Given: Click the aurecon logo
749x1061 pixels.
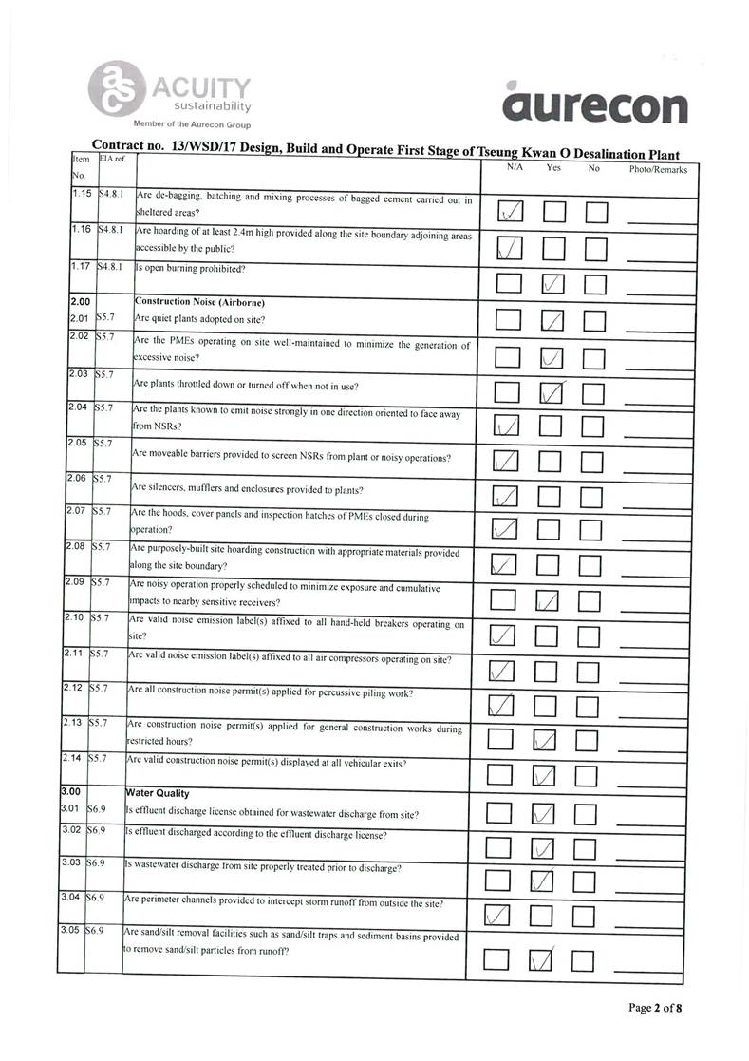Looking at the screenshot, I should click(x=595, y=105).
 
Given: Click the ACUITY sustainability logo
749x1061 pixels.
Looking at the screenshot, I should click(x=171, y=96).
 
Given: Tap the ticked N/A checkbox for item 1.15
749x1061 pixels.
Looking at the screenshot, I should click(x=510, y=212).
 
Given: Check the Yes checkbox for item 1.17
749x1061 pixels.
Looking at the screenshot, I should click(x=553, y=283).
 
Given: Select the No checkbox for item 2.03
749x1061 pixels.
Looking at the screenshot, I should click(x=596, y=391).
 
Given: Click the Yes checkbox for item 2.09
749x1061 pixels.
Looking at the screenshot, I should click(x=546, y=599).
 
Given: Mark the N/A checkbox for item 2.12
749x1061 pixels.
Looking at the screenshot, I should click(x=500, y=706).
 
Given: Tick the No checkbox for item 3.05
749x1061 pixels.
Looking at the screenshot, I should click(x=583, y=961).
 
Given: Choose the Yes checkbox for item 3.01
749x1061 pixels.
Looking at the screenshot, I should click(x=543, y=813).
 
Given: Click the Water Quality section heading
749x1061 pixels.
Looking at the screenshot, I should click(x=158, y=793).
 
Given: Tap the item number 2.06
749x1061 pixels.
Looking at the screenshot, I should click(x=77, y=478).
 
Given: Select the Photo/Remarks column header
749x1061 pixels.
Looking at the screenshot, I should click(x=658, y=169).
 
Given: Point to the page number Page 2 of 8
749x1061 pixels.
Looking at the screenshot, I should click(x=654, y=1008).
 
